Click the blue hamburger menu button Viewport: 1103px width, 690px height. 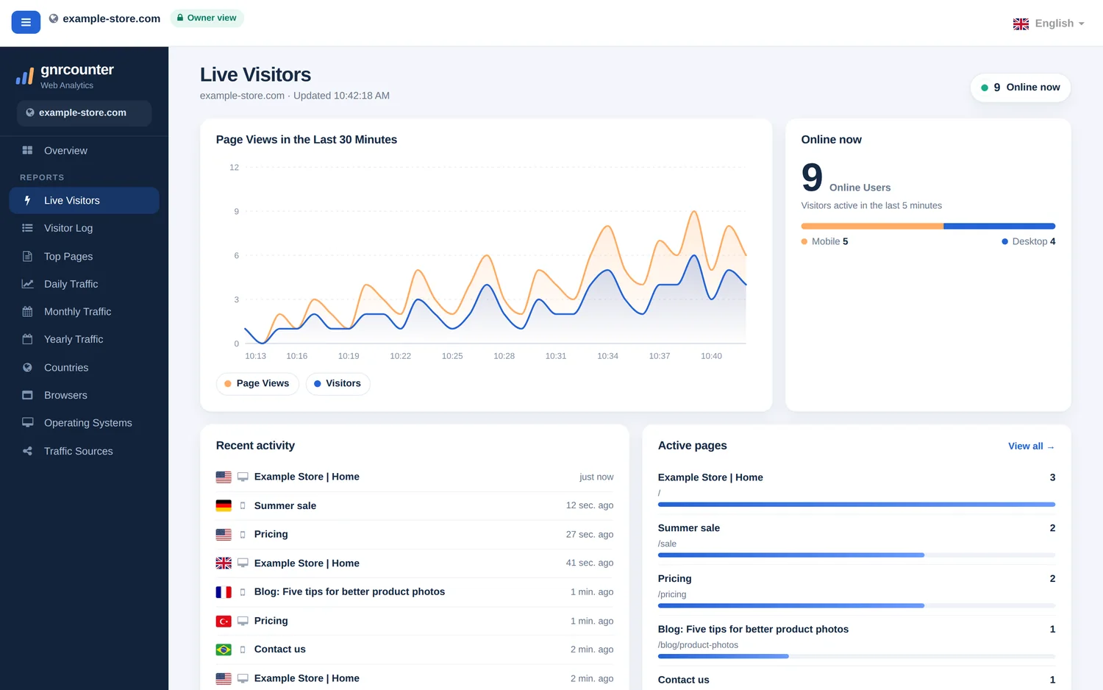pyautogui.click(x=26, y=22)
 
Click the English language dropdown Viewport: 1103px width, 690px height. pyautogui.click(x=1049, y=24)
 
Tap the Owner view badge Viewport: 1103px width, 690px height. pyautogui.click(x=207, y=18)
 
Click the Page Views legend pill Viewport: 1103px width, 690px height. pyautogui.click(x=257, y=383)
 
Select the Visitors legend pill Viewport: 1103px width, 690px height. pyautogui.click(x=338, y=383)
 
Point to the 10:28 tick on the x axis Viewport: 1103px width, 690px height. pyautogui.click(x=504, y=355)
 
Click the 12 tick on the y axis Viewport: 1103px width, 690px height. pyautogui.click(x=234, y=168)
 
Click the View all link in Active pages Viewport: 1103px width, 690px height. pyautogui.click(x=1031, y=447)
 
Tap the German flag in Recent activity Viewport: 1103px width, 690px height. pyautogui.click(x=224, y=506)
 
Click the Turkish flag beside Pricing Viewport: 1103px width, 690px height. pyautogui.click(x=224, y=621)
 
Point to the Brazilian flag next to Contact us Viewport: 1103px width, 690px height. pyautogui.click(x=224, y=650)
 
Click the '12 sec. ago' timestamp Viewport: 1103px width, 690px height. pyautogui.click(x=590, y=505)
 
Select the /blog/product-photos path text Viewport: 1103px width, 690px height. pyautogui.click(x=698, y=644)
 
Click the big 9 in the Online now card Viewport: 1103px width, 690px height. pyautogui.click(x=812, y=177)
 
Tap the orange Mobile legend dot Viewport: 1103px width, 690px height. pyautogui.click(x=804, y=241)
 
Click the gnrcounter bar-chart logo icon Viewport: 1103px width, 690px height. pyautogui.click(x=24, y=76)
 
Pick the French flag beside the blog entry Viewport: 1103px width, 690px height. pyautogui.click(x=224, y=592)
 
